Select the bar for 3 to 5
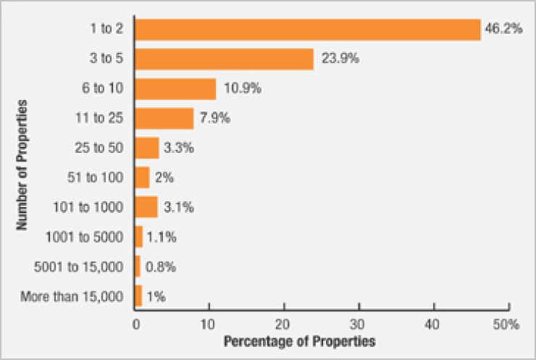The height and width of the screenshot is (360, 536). click(225, 59)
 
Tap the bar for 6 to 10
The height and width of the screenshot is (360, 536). click(176, 88)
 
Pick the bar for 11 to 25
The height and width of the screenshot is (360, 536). click(164, 118)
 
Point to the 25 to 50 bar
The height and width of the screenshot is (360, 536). click(147, 148)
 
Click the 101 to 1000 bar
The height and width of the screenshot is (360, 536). click(146, 206)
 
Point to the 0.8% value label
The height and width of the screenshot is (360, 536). click(161, 266)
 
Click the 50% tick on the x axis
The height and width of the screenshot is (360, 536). click(507, 325)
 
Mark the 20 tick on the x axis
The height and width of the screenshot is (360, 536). click(285, 325)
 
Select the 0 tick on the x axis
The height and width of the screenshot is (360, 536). click(135, 325)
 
